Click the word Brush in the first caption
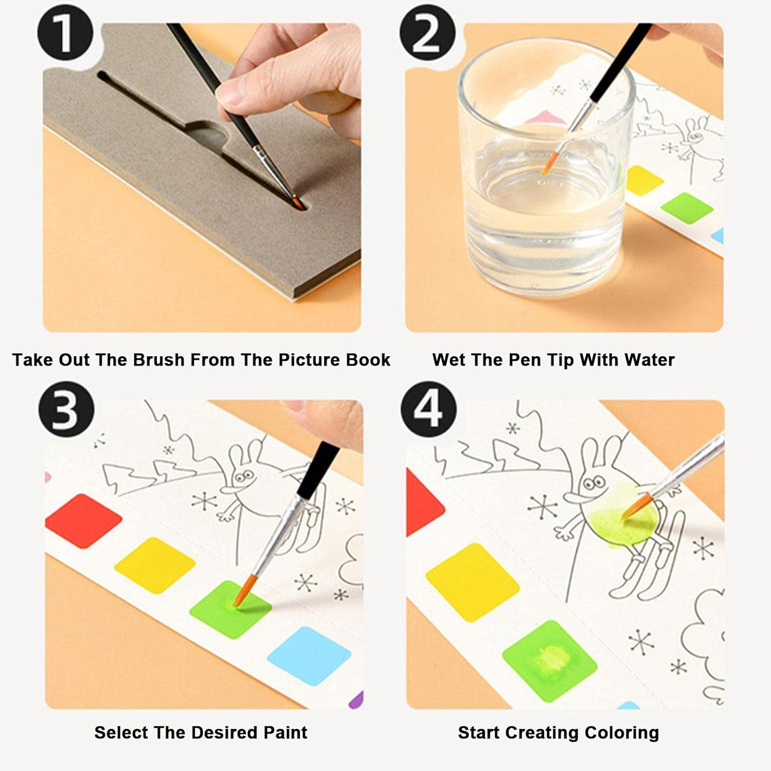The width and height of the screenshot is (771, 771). (x=159, y=360)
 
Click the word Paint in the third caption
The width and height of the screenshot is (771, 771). (x=285, y=732)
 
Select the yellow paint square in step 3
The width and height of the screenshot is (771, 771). (x=155, y=565)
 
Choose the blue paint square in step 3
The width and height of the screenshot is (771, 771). (x=309, y=655)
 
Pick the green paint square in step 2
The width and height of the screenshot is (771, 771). (x=687, y=208)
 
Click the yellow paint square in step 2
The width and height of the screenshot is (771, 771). (x=644, y=180)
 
